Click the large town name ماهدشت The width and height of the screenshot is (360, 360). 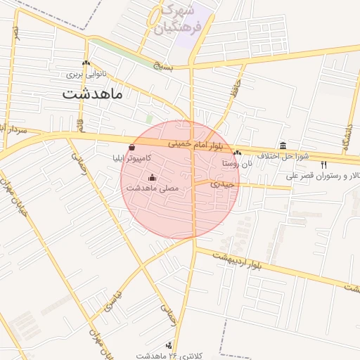coord(91,94)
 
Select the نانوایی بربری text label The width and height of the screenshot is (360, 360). coord(84,73)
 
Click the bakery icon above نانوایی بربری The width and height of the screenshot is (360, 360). coord(86,63)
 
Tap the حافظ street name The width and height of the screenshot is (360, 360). coord(236,90)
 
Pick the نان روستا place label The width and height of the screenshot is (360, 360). coord(237,162)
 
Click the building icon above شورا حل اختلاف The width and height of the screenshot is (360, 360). coord(283,145)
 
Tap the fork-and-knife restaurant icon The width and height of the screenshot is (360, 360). coord(323,165)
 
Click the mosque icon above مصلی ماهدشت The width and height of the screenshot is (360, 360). coord(153,178)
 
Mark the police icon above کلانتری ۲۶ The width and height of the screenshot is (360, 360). coord(169,345)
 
